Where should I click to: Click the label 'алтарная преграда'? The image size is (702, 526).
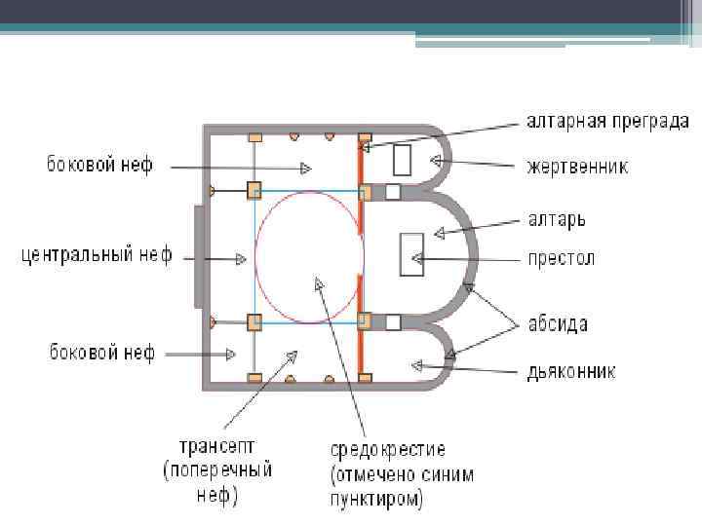[607, 122]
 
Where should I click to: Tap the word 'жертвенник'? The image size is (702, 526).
[578, 167]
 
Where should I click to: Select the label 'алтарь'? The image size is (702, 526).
[556, 219]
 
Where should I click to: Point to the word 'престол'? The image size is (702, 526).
[561, 259]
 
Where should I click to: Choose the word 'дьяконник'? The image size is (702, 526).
[572, 372]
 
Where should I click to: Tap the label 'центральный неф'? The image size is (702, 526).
[97, 256]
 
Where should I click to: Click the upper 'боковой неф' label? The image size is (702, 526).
[100, 165]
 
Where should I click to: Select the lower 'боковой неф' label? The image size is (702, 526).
[101, 353]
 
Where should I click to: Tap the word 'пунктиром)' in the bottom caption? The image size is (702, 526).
[377, 501]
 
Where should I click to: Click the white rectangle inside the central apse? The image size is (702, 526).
[409, 254]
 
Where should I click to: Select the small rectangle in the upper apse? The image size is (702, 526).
[402, 159]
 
